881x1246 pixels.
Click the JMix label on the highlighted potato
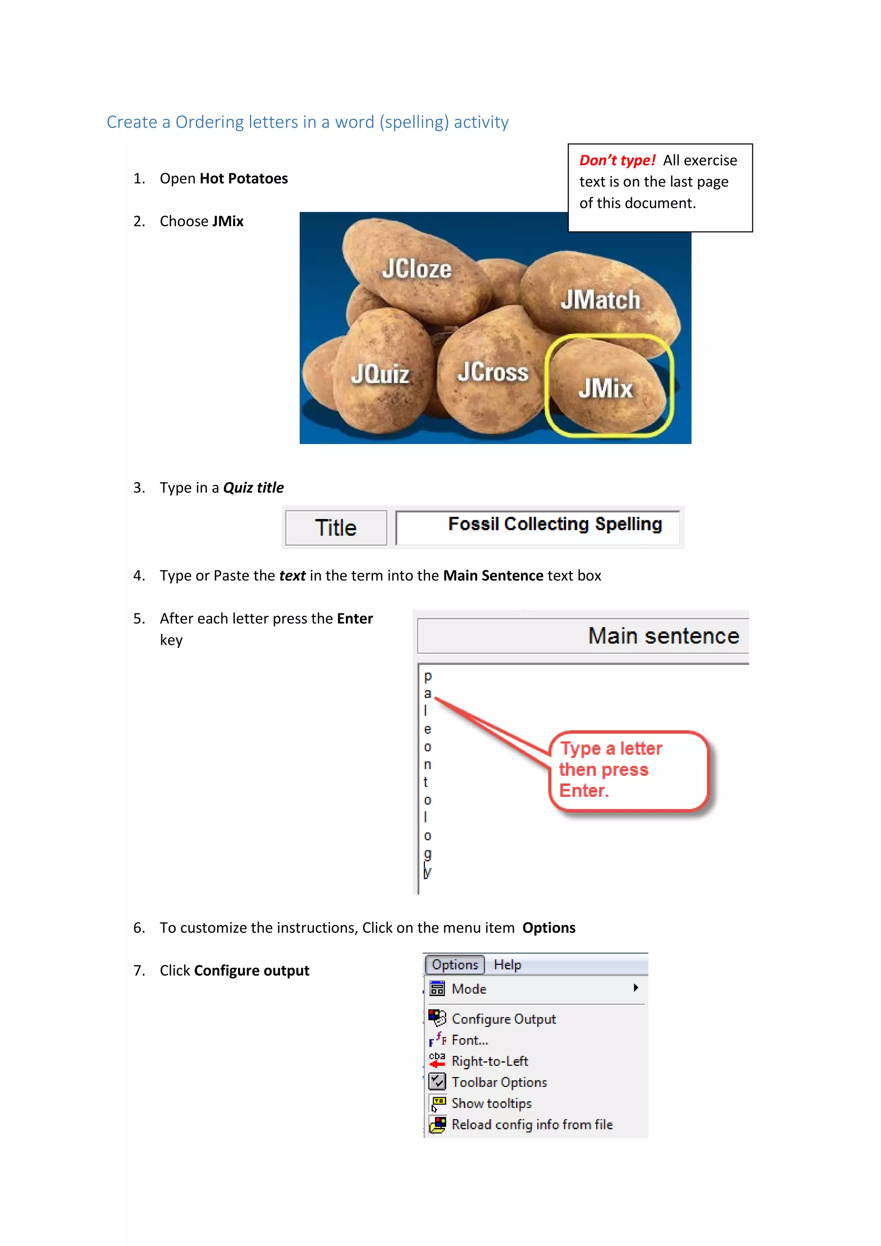point(605,389)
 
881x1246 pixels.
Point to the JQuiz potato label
point(380,374)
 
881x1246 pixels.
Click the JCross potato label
point(493,372)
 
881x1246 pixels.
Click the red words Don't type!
point(617,160)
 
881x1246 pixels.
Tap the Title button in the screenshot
point(336,528)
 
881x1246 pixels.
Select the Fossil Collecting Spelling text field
point(538,527)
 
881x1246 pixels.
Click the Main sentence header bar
point(583,636)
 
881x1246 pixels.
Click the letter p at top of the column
point(428,676)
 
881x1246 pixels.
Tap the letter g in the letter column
point(428,854)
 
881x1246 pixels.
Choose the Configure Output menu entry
point(503,1019)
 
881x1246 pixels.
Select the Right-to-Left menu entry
point(489,1061)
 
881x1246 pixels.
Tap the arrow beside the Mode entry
point(635,988)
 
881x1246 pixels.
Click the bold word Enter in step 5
point(355,619)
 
